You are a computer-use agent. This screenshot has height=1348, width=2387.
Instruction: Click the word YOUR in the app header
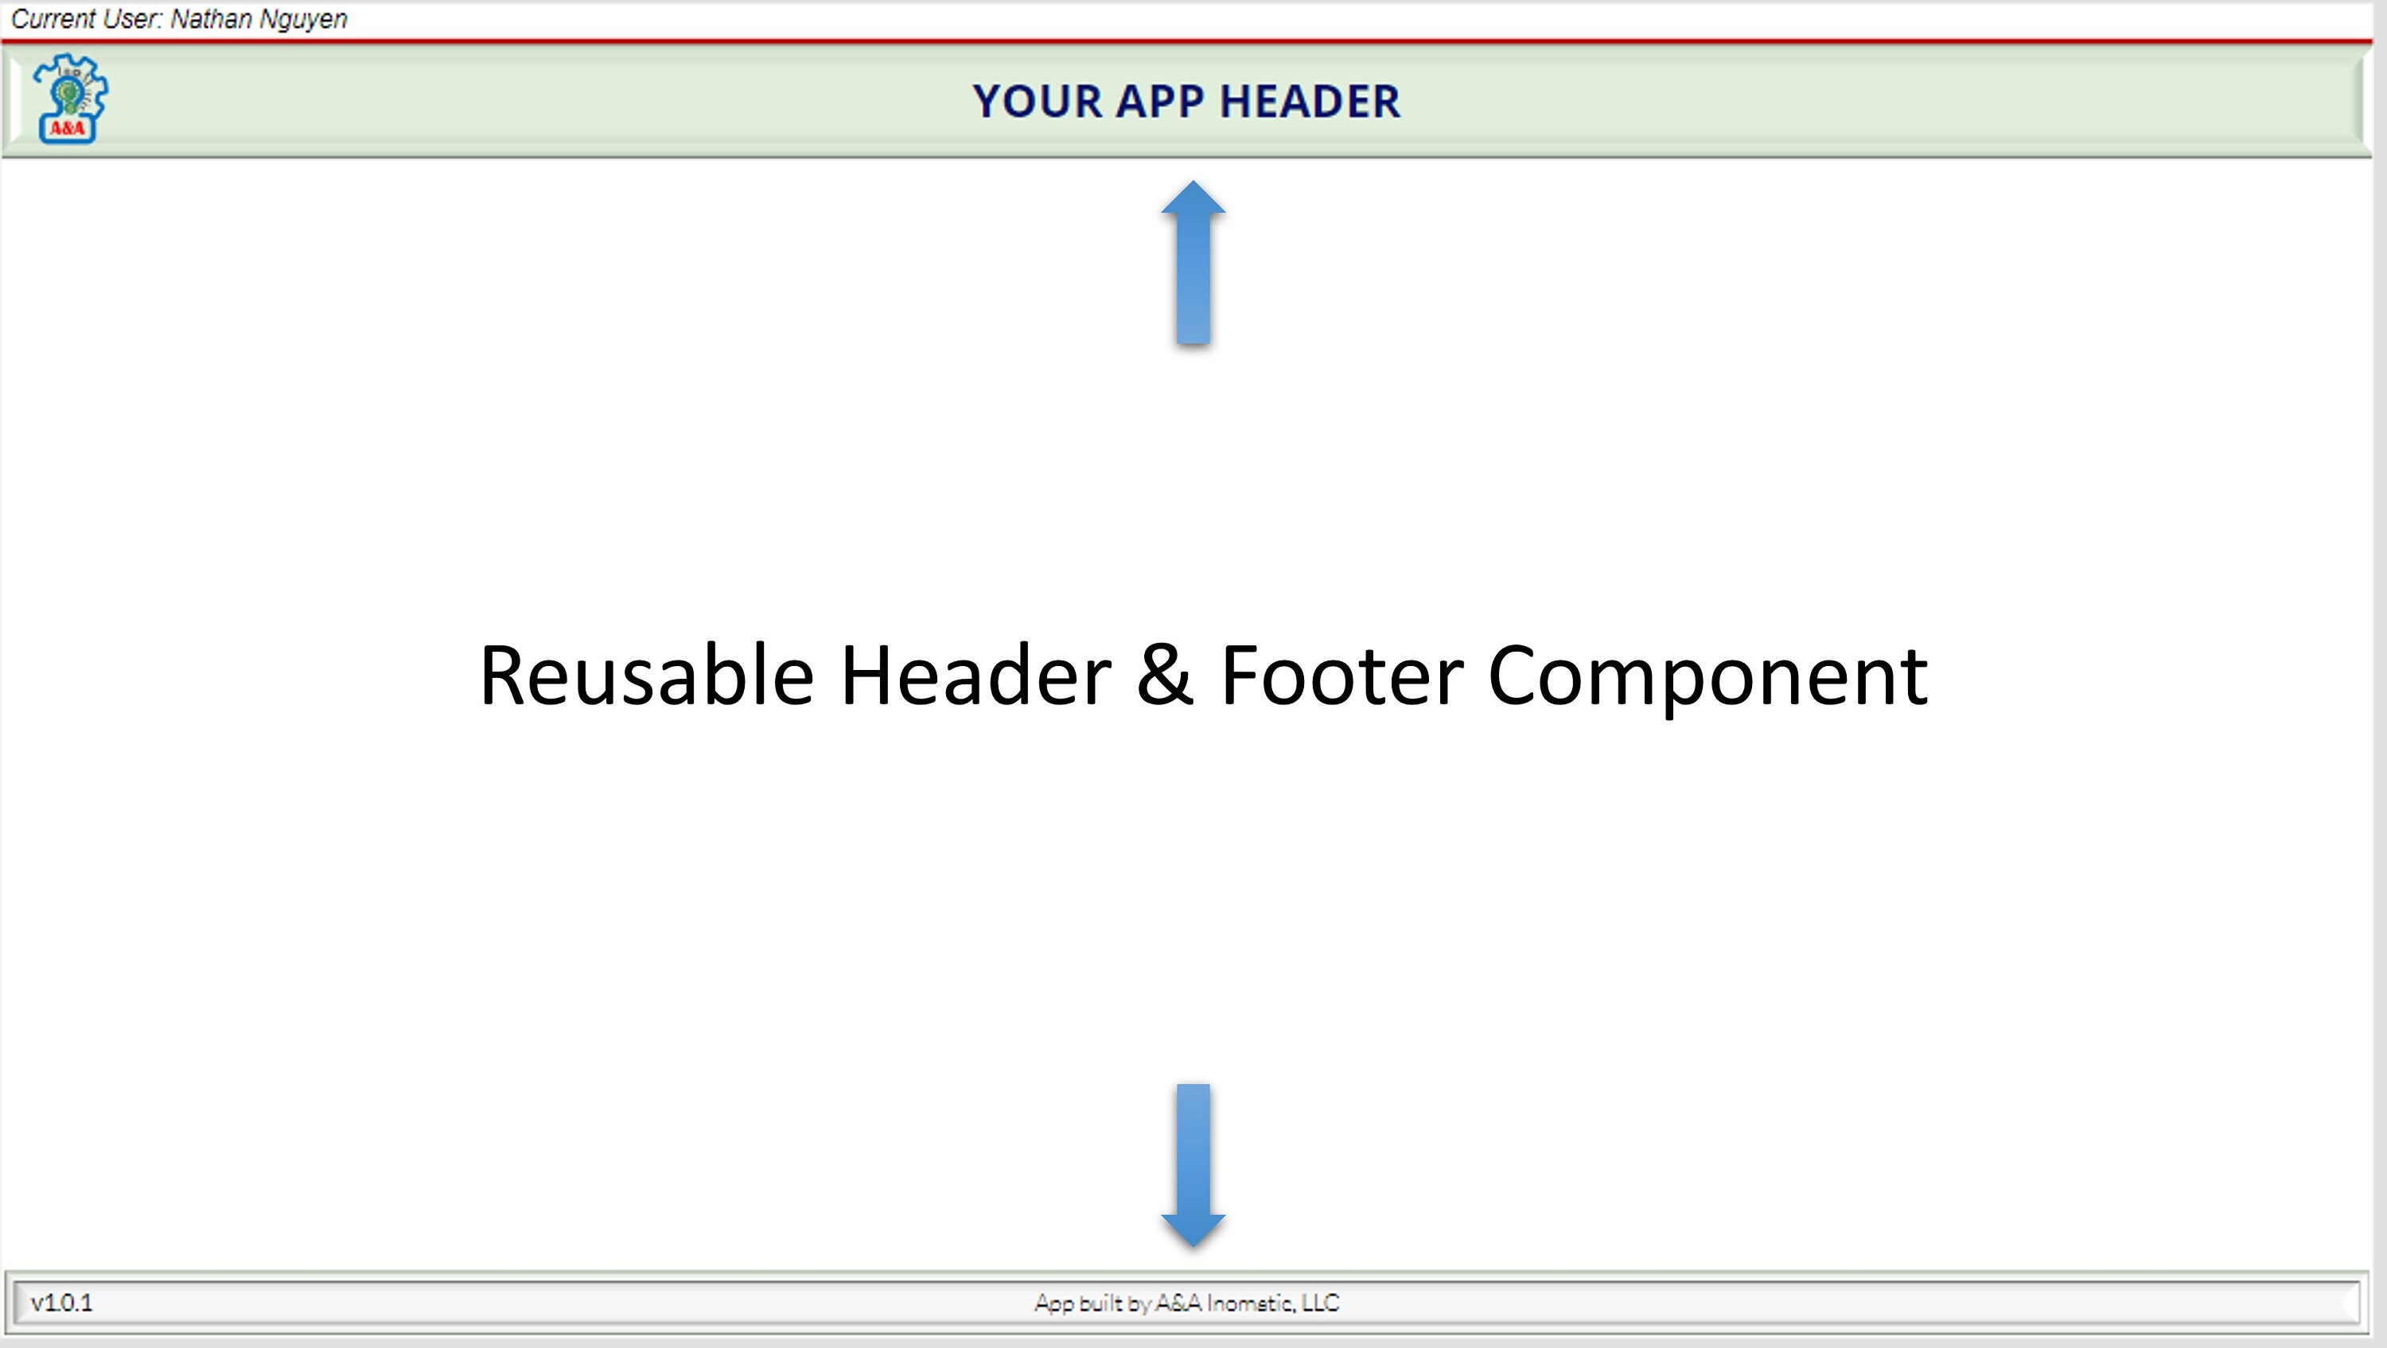pos(1037,101)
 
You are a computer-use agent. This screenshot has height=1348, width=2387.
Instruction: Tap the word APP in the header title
pos(1159,101)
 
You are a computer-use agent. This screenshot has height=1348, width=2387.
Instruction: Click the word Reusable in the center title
pos(646,676)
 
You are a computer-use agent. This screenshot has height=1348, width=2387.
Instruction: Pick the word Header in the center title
pos(975,676)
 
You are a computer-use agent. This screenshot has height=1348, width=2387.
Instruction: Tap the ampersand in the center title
pos(1165,676)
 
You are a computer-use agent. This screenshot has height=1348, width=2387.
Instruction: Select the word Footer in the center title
pos(1341,676)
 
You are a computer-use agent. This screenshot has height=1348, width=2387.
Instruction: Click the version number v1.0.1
pos(61,1303)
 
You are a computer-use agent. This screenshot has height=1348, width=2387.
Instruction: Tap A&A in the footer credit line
pos(1177,1303)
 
